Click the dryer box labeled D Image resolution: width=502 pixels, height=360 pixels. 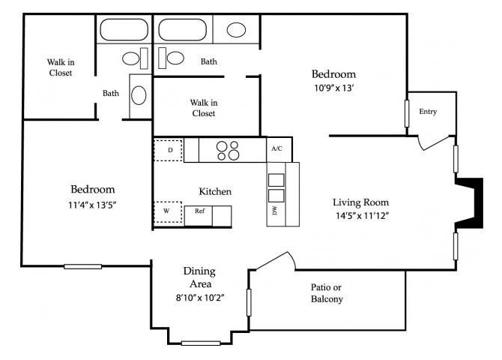[169, 150]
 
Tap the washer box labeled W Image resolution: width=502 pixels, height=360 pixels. [169, 212]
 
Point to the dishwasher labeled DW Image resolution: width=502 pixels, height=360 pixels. [275, 211]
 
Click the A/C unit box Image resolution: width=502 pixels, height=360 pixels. [276, 149]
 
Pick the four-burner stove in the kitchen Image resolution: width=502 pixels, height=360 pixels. [229, 151]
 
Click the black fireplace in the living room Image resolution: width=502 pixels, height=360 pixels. [469, 201]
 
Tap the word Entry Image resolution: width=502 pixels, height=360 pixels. [428, 112]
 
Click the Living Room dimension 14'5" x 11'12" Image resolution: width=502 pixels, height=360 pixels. [361, 216]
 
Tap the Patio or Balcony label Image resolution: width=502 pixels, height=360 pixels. [327, 293]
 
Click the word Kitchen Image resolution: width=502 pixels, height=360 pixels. [214, 191]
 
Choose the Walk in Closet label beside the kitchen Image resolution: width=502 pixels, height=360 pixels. [202, 107]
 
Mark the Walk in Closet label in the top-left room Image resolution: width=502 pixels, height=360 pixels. [61, 67]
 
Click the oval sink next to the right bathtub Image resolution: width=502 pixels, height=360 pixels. [236, 30]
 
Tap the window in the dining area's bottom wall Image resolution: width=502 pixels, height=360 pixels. [201, 343]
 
